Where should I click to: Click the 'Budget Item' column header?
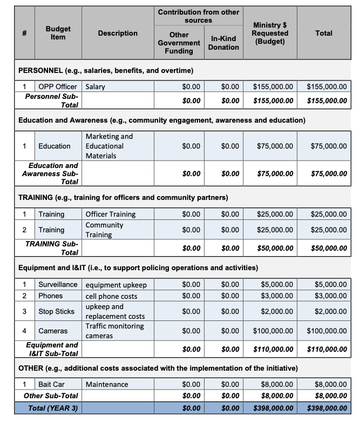[x=58, y=33]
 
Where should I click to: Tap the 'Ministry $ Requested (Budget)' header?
[x=270, y=33]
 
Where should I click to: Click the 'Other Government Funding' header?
[x=179, y=43]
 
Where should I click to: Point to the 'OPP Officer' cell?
[x=58, y=86]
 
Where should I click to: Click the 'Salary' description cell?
[x=96, y=86]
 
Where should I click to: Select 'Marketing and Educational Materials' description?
[x=109, y=146]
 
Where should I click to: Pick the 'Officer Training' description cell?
[x=111, y=215]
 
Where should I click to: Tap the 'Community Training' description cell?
[x=105, y=230]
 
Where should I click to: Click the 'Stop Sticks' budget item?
[x=56, y=311]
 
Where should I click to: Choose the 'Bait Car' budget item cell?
[x=52, y=385]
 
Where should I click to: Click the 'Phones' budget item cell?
[x=50, y=296]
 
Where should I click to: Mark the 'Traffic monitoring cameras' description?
[x=114, y=331]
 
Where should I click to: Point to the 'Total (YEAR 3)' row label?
[x=53, y=408]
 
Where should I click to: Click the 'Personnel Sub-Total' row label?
[x=52, y=100]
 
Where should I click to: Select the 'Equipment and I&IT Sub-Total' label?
[x=52, y=349]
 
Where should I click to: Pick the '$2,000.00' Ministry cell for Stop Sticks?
[x=277, y=311]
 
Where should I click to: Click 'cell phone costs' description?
[x=111, y=296]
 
